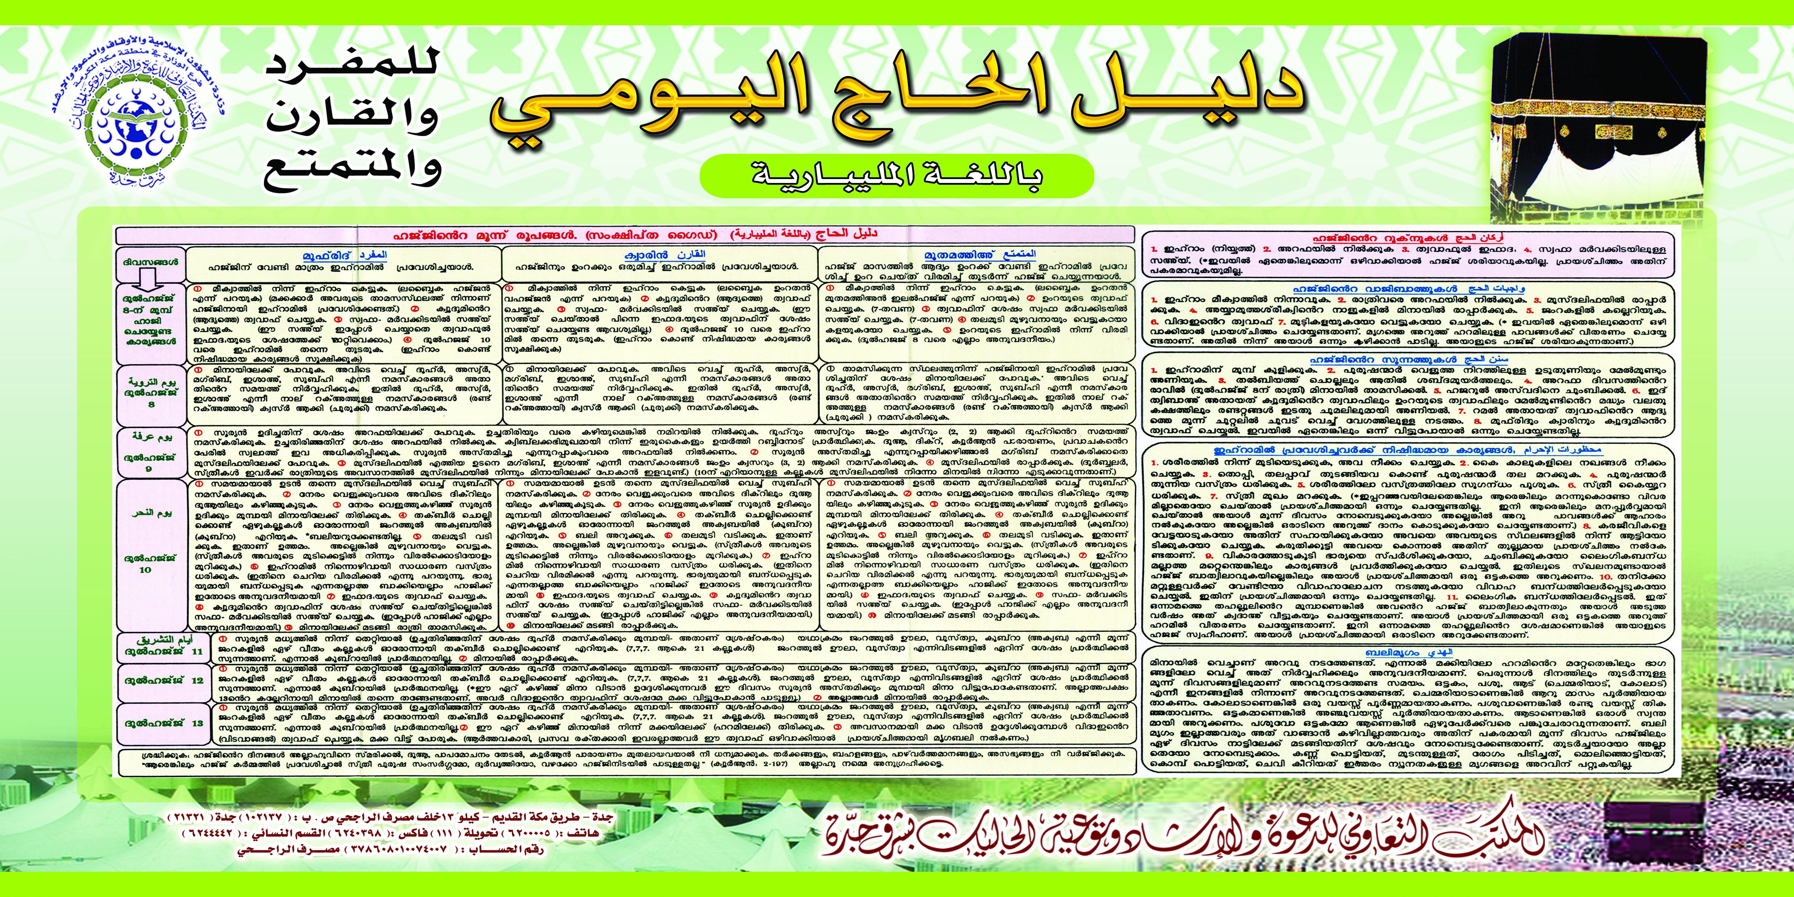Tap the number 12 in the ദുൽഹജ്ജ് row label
click(x=197, y=680)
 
